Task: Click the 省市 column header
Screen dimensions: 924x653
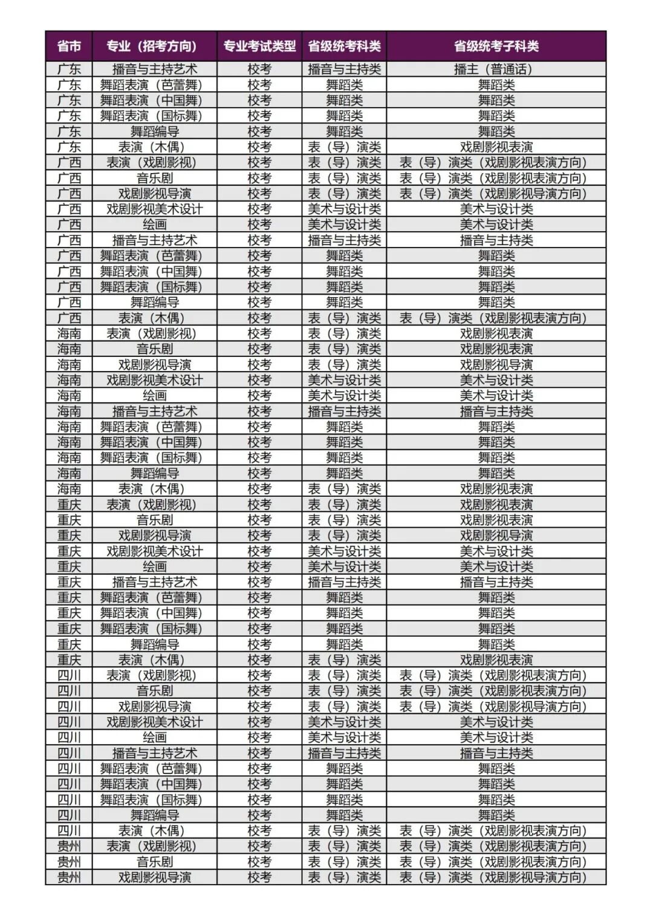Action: [69, 46]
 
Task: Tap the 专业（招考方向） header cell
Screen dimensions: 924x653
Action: [154, 46]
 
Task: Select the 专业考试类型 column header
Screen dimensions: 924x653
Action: [259, 46]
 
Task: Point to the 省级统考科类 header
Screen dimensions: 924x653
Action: [344, 46]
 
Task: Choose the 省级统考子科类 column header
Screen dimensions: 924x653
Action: [496, 46]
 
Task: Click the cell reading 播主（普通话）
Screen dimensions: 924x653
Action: [496, 69]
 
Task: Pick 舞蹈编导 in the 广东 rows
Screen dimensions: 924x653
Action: [154, 131]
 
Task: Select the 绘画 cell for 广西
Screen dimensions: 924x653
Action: [154, 224]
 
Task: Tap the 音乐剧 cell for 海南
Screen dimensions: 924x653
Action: [154, 349]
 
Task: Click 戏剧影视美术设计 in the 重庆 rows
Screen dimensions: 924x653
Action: [154, 551]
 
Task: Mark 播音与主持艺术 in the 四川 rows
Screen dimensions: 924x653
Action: [154, 753]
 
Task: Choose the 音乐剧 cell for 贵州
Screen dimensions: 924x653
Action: [154, 862]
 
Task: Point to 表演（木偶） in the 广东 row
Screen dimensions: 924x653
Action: [154, 147]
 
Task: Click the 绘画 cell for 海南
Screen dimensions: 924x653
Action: [154, 396]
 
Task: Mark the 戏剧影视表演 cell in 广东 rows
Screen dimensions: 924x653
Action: [496, 147]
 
